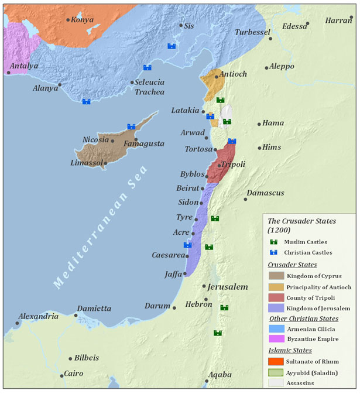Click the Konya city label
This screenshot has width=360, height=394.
(x=83, y=19)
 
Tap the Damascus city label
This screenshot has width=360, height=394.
(x=265, y=193)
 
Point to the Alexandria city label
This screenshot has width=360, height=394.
(x=38, y=316)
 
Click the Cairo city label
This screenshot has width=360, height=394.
(x=74, y=374)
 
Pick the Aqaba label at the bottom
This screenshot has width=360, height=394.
(x=220, y=375)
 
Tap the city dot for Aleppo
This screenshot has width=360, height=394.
(x=267, y=68)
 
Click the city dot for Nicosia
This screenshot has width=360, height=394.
(x=112, y=141)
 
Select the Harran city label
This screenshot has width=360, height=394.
(x=339, y=20)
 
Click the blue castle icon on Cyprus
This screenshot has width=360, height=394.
(x=132, y=126)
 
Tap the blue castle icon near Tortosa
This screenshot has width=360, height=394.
(x=232, y=141)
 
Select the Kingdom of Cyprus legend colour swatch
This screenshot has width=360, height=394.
(x=276, y=276)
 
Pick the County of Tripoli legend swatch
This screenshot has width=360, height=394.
(x=276, y=297)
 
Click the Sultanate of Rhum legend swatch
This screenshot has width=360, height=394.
(x=276, y=361)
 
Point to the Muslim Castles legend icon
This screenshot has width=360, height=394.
(x=273, y=242)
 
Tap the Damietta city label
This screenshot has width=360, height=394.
(x=94, y=308)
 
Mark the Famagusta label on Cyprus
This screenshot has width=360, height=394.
(x=144, y=143)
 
